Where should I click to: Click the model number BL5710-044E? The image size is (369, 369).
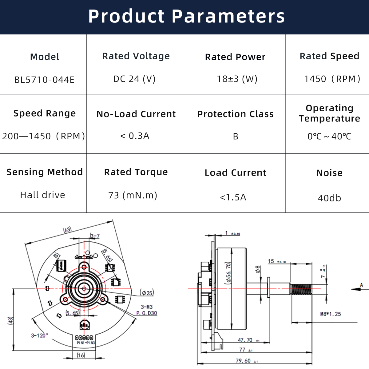click(44, 80)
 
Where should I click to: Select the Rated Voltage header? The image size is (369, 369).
click(136, 56)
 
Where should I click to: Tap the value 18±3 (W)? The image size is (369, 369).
click(237, 79)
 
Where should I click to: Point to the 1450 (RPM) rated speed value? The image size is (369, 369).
click(332, 79)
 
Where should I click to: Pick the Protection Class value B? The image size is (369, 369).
click(236, 137)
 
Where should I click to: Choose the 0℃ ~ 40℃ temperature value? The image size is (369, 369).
click(329, 136)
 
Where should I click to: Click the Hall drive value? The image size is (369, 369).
click(42, 195)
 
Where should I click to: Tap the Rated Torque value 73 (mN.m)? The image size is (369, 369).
click(133, 195)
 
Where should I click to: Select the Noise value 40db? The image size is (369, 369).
click(329, 198)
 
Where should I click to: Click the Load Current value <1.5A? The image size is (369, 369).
click(233, 197)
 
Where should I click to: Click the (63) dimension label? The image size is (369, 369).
click(67, 230)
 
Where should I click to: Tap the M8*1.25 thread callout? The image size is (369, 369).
click(331, 314)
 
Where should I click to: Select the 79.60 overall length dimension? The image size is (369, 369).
click(243, 361)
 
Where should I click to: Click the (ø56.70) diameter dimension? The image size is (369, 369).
click(228, 273)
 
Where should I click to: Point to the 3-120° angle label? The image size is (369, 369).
click(39, 335)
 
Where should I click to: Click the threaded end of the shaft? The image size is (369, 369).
click(301, 289)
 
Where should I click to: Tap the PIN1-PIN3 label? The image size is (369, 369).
click(86, 343)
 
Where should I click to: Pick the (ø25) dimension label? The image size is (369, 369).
click(147, 293)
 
